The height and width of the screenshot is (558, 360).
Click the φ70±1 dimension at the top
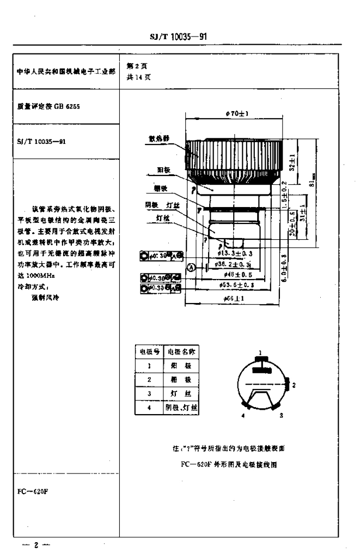[236, 113]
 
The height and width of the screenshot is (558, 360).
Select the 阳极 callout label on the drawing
[163, 170]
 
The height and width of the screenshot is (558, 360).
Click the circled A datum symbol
[191, 267]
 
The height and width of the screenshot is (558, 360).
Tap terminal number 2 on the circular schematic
[294, 385]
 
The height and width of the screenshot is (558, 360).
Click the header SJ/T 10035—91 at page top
[179, 38]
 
